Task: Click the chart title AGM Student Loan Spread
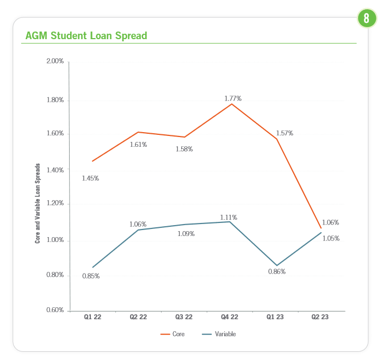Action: click(x=86, y=36)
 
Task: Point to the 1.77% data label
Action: click(x=233, y=98)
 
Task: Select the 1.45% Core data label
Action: click(x=90, y=178)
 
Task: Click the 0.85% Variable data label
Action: click(x=91, y=276)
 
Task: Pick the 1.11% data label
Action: click(x=228, y=218)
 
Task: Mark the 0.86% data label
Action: click(x=277, y=271)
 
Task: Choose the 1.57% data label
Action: click(x=285, y=133)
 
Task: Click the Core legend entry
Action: click(x=172, y=334)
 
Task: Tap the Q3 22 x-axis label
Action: click(x=184, y=316)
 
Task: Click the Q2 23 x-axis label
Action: click(x=320, y=316)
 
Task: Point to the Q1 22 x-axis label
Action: click(x=92, y=316)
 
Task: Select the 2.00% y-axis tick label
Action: click(x=55, y=61)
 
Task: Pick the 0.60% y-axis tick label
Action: click(x=55, y=311)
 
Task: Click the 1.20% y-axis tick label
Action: click(x=55, y=203)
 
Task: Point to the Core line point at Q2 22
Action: click(x=138, y=132)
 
